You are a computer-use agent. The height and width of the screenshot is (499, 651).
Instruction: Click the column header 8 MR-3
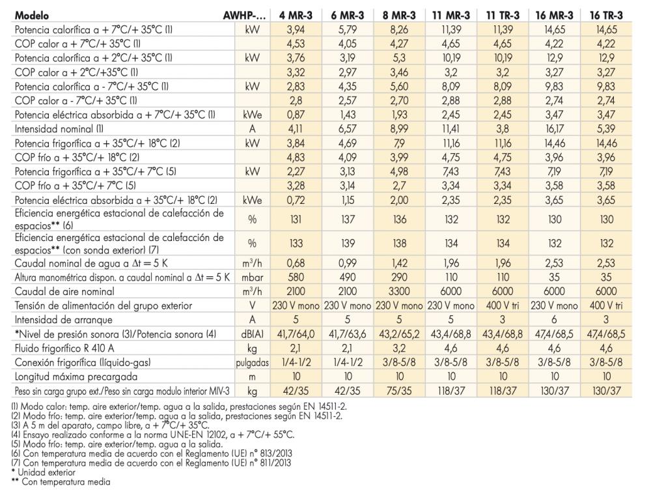[399, 16]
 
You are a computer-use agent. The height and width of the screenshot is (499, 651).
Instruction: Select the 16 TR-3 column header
[606, 16]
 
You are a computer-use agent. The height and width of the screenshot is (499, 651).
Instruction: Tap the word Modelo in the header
[31, 16]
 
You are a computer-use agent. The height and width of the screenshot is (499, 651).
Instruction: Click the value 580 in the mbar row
[296, 277]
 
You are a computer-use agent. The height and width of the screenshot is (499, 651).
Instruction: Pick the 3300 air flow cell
[399, 291]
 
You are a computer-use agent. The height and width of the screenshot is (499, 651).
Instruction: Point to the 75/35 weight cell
[399, 391]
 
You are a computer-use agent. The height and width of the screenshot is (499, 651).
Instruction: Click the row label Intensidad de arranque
[64, 320]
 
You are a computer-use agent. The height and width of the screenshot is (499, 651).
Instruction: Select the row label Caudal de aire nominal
[64, 291]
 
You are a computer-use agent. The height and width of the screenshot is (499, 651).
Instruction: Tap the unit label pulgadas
[252, 363]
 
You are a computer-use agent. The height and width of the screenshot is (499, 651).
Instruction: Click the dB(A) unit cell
[252, 334]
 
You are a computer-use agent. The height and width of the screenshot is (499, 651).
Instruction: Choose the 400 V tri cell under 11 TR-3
[503, 306]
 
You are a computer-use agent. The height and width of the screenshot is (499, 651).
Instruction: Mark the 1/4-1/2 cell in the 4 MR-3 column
[296, 362]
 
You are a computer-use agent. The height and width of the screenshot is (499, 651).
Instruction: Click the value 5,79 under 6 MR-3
[348, 29]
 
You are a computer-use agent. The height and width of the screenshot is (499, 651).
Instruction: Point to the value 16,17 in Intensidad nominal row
[554, 129]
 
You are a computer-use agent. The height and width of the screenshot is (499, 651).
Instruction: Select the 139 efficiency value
[348, 243]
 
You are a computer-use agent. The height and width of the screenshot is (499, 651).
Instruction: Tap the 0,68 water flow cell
[296, 263]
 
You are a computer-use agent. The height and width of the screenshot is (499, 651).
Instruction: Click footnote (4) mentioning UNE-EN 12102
[153, 435]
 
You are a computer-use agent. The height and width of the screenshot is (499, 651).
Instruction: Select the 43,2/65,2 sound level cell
[399, 334]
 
